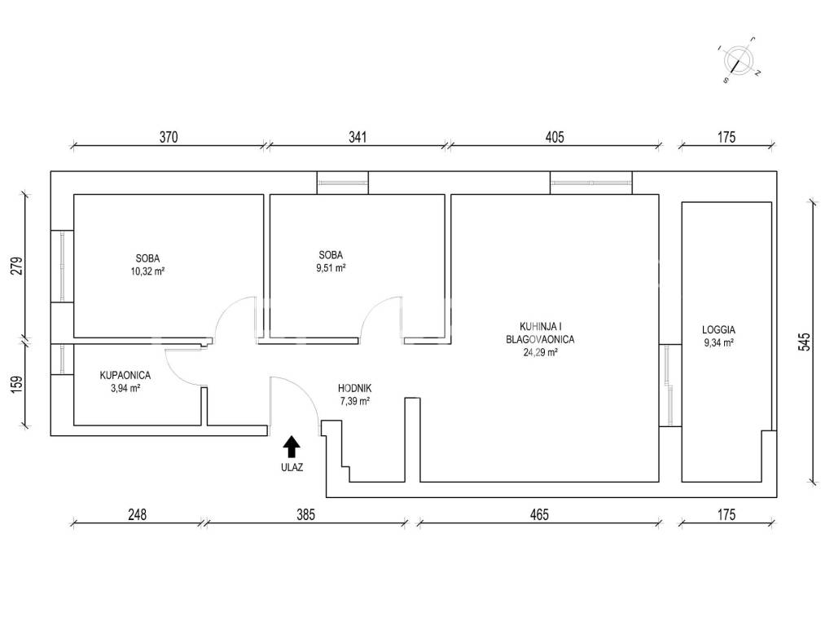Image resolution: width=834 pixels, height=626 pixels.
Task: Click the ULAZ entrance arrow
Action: click(x=291, y=447)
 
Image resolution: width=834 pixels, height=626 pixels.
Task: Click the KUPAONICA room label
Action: click(x=125, y=375)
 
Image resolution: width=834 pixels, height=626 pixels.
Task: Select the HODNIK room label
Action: click(x=355, y=389)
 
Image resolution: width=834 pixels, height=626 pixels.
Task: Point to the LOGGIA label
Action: click(x=718, y=330)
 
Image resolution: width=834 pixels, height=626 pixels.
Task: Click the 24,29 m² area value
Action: click(x=541, y=352)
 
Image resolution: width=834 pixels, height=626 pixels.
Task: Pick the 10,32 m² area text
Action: click(x=147, y=271)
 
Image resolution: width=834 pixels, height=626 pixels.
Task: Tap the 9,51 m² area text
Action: click(x=331, y=267)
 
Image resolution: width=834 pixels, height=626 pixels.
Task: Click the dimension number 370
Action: click(x=169, y=137)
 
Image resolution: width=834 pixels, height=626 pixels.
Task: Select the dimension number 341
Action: click(x=358, y=137)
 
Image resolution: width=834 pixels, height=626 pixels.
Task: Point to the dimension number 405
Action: click(x=554, y=137)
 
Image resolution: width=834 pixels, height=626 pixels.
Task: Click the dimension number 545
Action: click(x=805, y=342)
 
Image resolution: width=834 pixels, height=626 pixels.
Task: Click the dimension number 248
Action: click(x=137, y=515)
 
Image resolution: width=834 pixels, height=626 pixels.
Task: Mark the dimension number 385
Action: click(x=306, y=515)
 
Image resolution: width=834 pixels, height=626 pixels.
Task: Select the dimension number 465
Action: click(x=539, y=515)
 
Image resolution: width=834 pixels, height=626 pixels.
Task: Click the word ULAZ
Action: click(x=292, y=468)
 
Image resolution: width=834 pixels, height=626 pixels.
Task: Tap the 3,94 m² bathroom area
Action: click(x=125, y=389)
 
